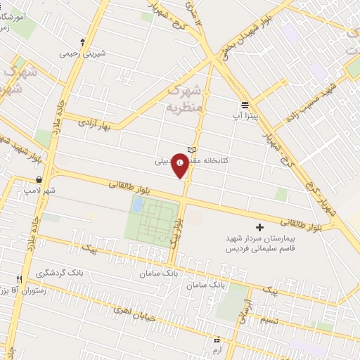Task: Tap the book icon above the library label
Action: click(x=192, y=149)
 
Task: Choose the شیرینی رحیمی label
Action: click(x=83, y=52)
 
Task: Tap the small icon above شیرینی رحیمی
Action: click(x=83, y=41)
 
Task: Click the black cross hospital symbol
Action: click(x=259, y=227)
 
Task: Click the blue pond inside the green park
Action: click(x=138, y=205)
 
